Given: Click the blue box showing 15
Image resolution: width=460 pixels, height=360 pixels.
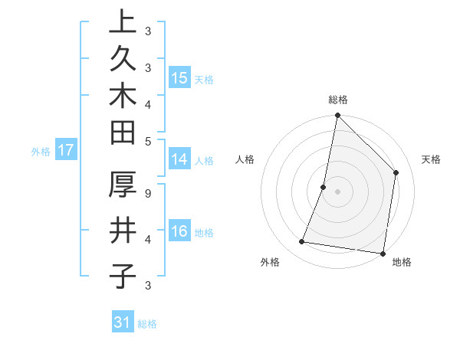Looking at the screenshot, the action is point(179,78).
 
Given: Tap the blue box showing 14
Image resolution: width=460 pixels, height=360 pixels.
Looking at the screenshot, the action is point(179,159).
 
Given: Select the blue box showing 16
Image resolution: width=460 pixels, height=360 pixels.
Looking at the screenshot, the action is point(179,231).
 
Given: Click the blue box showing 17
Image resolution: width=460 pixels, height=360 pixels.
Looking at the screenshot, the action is point(66,150).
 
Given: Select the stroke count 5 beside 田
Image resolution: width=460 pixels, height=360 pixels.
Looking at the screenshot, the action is point(147,140).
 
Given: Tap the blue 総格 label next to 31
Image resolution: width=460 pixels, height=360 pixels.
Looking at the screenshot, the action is point(147,324).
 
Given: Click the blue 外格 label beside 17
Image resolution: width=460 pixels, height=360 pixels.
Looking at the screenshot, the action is point(41,152).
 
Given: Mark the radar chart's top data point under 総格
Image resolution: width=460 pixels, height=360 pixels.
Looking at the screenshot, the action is point(337,116).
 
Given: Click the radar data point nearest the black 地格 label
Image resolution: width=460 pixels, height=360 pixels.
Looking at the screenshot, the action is point(383,253).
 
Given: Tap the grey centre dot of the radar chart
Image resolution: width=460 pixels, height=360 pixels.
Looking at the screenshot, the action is point(337,191).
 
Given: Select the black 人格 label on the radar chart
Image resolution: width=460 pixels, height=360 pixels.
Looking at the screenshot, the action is point(245,159).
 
